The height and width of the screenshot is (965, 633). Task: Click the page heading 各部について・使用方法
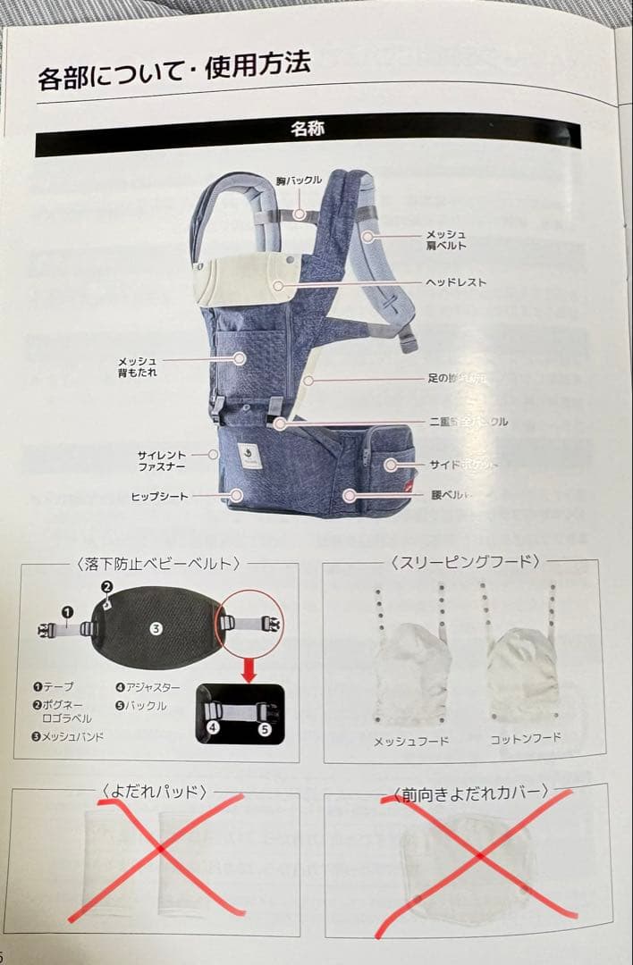coord(174,72)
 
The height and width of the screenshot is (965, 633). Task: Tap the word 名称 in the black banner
coord(308,129)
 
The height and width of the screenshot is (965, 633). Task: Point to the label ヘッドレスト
coord(456,282)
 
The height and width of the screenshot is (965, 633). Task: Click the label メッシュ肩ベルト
coord(445,239)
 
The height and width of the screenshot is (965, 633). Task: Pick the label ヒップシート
coord(160,496)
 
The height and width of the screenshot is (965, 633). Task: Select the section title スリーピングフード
coord(465,562)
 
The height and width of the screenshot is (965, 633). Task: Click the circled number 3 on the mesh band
coord(156,629)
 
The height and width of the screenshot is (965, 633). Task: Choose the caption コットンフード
coord(526,739)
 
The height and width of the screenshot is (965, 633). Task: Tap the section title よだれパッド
coord(155,791)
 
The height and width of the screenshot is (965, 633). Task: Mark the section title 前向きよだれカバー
coord(471,793)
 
